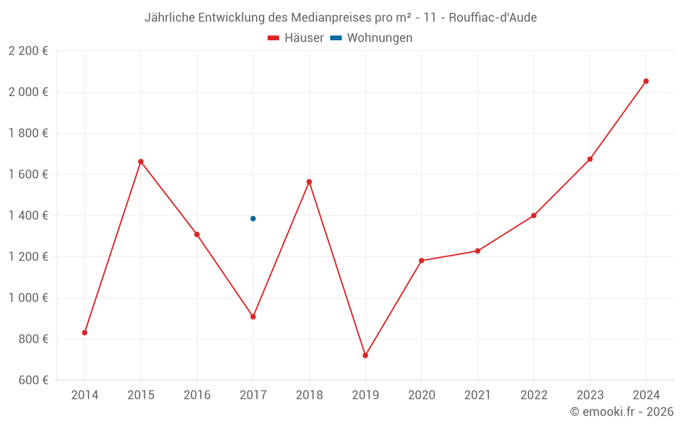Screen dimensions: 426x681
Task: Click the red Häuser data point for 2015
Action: (x=141, y=162)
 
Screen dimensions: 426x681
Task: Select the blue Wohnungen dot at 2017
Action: (x=253, y=219)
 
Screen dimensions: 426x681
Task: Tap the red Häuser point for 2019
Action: (x=365, y=355)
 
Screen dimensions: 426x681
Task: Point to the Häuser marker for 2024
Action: (x=646, y=81)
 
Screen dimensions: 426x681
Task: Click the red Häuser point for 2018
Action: (x=309, y=182)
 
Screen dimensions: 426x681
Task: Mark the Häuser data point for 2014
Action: (x=84, y=333)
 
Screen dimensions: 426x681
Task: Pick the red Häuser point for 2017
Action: (x=253, y=317)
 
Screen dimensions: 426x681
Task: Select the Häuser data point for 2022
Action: (x=533, y=215)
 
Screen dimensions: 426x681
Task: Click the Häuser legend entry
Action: (x=296, y=38)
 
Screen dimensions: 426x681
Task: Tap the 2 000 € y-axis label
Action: (x=28, y=92)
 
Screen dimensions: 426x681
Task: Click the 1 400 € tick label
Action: (x=28, y=215)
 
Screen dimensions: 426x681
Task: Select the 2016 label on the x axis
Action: (x=197, y=395)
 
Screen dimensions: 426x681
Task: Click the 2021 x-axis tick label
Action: (x=477, y=395)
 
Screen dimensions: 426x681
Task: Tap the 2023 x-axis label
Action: (x=590, y=395)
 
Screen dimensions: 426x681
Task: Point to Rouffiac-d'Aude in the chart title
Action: (x=493, y=18)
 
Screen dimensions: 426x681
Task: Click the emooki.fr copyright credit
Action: (x=622, y=412)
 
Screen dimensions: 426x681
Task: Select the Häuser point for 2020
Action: (x=422, y=260)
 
